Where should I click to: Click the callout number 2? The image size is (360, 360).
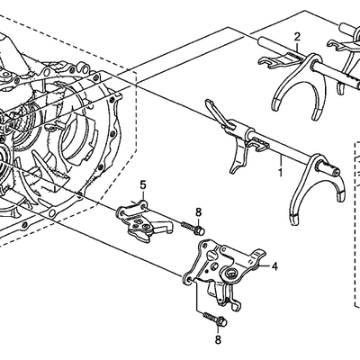[x=297, y=37]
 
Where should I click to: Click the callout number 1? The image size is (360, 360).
[x=280, y=173]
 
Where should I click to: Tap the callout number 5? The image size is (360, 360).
[x=143, y=184]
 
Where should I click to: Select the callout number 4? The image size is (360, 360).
[x=274, y=266]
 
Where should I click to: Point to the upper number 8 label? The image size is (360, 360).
[x=198, y=212]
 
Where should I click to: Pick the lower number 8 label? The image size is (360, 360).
[x=218, y=339]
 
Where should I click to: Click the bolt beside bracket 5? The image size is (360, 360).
[x=193, y=229]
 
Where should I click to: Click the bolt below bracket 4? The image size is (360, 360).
[x=215, y=319]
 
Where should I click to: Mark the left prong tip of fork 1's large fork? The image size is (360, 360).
[x=295, y=219]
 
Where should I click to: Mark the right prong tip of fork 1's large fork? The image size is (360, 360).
[x=340, y=196]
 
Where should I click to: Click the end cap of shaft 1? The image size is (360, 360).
[x=336, y=172]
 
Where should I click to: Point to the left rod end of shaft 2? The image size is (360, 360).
[x=260, y=40]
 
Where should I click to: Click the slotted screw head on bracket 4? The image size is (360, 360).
[x=211, y=256]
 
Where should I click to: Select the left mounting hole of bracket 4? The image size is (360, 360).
[x=189, y=280]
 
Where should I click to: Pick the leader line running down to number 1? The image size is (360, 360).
[x=281, y=162]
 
